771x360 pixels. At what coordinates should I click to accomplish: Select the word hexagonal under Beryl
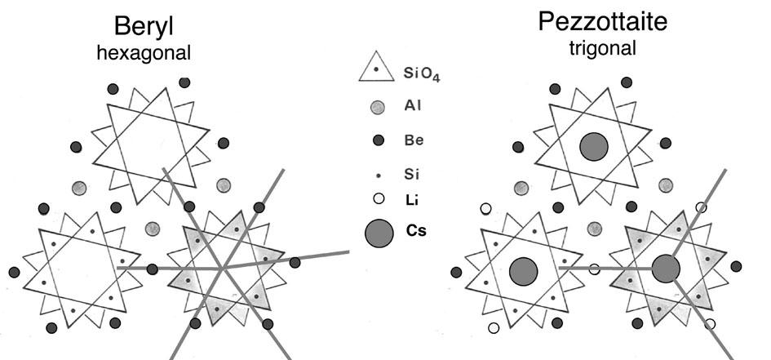pos(143,53)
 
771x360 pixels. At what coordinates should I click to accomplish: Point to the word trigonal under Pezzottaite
pos(603,48)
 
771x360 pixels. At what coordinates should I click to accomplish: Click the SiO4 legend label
pos(422,74)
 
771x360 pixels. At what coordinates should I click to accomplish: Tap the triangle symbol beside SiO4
pos(376,70)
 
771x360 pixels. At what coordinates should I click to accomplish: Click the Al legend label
pos(413,106)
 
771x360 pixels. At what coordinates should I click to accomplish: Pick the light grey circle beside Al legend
pos(377,107)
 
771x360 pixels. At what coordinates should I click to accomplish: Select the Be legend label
pos(414,140)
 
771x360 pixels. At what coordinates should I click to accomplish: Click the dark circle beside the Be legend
pos(377,140)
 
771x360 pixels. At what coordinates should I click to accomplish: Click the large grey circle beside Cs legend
pos(378,233)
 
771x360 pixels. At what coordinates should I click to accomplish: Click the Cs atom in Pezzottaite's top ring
pos(594,147)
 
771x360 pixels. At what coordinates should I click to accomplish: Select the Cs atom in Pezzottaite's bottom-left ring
pos(522,270)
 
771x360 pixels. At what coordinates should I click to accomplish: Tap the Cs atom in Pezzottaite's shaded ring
pos(666,268)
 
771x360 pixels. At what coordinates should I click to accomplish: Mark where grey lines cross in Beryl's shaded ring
pos(222,266)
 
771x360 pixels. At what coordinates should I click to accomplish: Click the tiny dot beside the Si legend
pos(377,174)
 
